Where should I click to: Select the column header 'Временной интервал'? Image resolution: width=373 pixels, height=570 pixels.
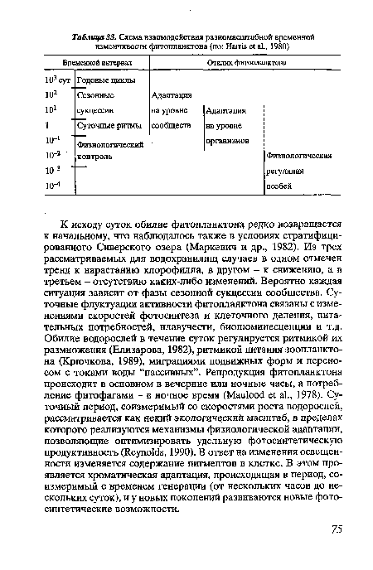85,63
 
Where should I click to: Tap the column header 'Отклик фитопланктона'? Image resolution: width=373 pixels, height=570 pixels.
247,63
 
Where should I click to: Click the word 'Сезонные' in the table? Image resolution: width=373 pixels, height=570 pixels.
93,97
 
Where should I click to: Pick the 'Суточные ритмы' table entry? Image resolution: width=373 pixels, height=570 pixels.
104,128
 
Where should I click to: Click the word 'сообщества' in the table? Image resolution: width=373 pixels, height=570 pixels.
172,128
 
